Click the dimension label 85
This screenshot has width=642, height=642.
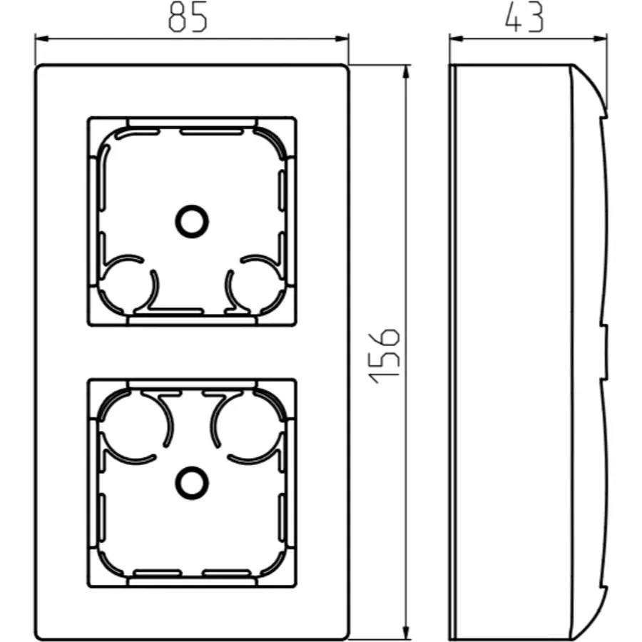pyautogui.click(x=188, y=19)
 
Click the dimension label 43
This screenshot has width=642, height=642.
pyautogui.click(x=524, y=17)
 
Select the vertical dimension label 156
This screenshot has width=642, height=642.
pyautogui.click(x=384, y=356)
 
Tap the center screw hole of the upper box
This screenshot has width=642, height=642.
pyautogui.click(x=192, y=222)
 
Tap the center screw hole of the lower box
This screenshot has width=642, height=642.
pyautogui.click(x=192, y=483)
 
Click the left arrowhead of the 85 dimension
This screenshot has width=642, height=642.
pyautogui.click(x=42, y=39)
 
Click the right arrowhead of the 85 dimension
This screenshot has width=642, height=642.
pyautogui.click(x=342, y=39)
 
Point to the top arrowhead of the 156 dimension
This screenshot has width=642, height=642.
pyautogui.click(x=406, y=72)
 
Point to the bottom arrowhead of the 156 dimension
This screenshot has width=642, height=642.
pyautogui.click(x=406, y=632)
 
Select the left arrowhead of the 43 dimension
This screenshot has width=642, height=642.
pyautogui.click(x=457, y=39)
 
